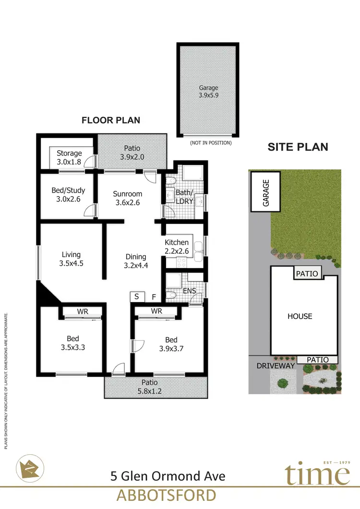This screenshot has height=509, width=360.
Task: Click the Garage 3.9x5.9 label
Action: (208, 92)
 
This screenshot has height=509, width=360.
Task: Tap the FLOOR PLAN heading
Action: (111, 120)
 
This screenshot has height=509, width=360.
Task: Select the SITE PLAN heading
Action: (298, 147)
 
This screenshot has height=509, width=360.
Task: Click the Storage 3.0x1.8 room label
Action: (69, 157)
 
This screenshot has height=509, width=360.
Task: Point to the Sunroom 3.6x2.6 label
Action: (127, 198)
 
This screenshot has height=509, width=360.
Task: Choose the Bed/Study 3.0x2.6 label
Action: (68, 194)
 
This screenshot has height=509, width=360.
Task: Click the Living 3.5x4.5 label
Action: (71, 259)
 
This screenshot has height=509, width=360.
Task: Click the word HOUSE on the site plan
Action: (300, 316)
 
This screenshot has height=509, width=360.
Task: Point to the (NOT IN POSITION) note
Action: (211, 142)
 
